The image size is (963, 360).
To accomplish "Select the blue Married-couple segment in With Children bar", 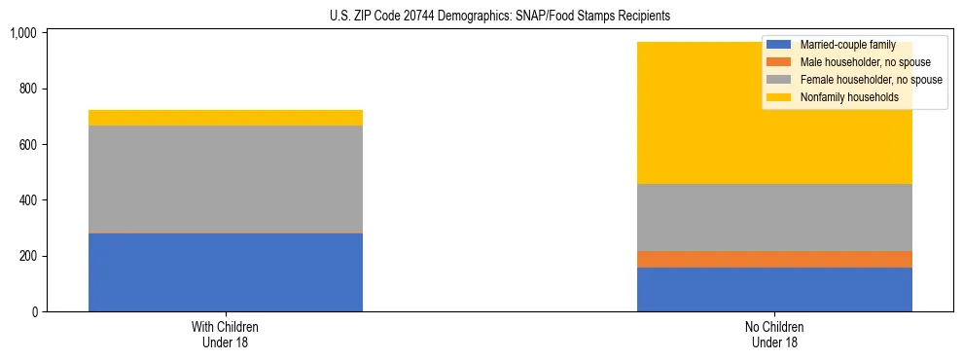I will click(x=225, y=272).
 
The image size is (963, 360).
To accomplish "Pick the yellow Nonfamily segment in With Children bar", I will click(x=225, y=118).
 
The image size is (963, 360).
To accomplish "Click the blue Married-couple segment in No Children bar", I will click(x=774, y=289).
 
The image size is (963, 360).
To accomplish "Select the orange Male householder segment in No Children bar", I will click(x=774, y=259).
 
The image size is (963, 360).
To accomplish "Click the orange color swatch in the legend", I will click(x=779, y=62).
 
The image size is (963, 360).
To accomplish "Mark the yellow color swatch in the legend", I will click(x=779, y=97).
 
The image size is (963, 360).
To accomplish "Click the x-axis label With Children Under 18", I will click(x=225, y=335).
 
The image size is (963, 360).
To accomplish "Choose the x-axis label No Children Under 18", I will click(x=774, y=335).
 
